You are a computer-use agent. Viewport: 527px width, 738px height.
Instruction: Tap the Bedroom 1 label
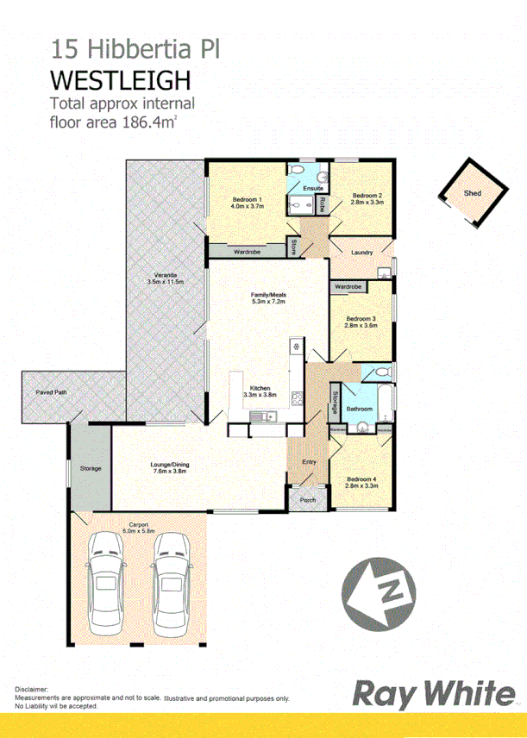pos(246,200)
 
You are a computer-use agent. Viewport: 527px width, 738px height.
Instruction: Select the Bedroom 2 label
pos(367,195)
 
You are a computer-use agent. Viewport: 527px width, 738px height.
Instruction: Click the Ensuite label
pos(313,187)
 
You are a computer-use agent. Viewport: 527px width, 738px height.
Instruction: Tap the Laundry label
pos(362,252)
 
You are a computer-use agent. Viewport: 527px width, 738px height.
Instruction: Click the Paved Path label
pos(51,392)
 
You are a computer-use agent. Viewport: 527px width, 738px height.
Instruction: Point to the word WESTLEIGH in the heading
pos(120,80)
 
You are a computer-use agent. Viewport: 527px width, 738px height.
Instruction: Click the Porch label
pos(307,500)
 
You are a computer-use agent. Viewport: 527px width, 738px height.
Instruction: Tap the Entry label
pos(309,462)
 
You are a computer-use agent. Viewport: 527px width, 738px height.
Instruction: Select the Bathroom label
pos(359,409)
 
